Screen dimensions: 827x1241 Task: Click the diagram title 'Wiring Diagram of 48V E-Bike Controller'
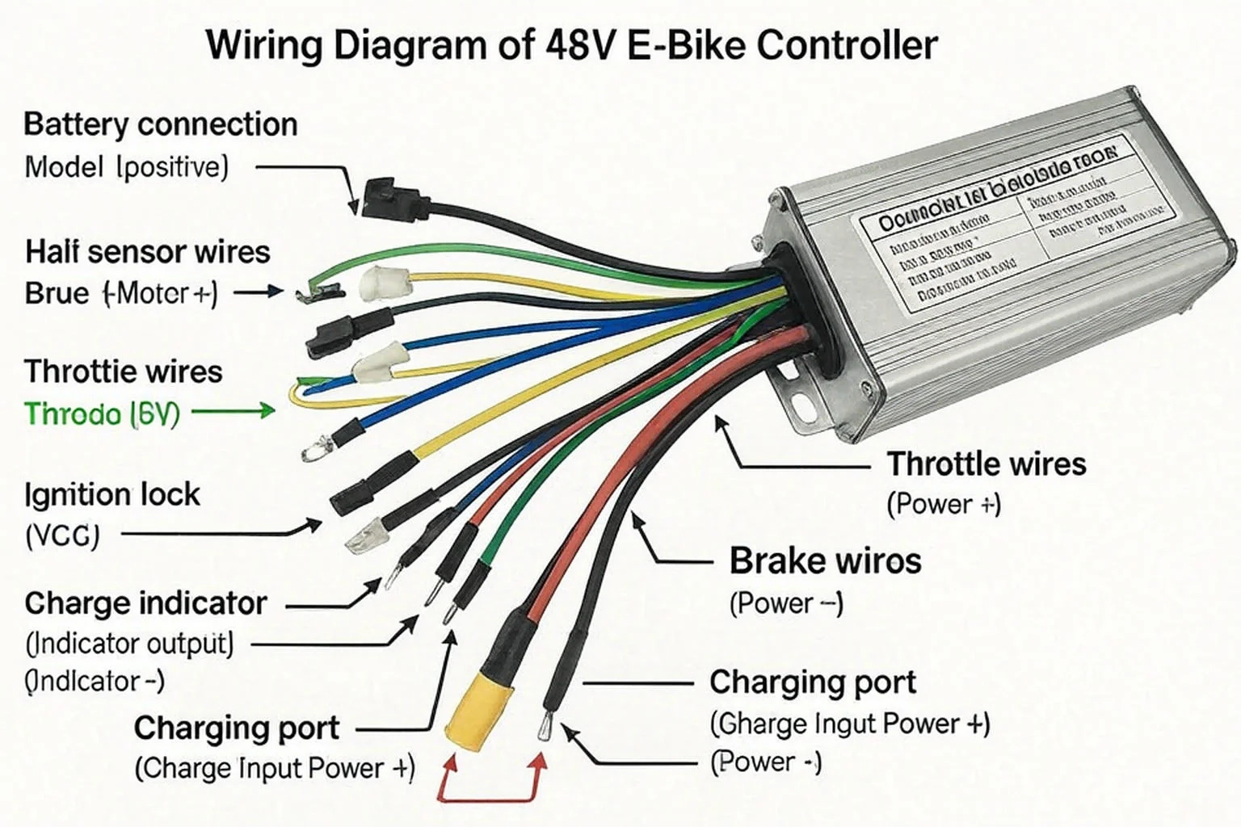pos(572,45)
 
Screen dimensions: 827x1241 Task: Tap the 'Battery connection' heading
pos(160,125)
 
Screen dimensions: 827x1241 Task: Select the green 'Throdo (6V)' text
pos(102,414)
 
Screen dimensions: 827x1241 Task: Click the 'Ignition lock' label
pos(111,494)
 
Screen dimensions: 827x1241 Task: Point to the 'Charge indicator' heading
pos(145,603)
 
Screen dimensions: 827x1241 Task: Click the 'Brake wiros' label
pos(825,561)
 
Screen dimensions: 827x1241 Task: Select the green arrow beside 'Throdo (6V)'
pos(234,412)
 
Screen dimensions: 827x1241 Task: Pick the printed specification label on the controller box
pos(1010,226)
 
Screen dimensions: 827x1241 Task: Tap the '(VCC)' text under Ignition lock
pos(62,535)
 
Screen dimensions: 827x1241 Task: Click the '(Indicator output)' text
pos(129,644)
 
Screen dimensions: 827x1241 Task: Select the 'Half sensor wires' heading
pos(147,252)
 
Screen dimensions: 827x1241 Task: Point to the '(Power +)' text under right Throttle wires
pos(944,505)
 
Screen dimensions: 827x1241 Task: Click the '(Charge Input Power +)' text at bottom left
pos(275,767)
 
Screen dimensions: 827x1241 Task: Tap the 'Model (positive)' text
pos(126,167)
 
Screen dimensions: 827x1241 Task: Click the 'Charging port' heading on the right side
pos(812,682)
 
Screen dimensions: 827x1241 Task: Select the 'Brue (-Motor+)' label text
pos(121,292)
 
